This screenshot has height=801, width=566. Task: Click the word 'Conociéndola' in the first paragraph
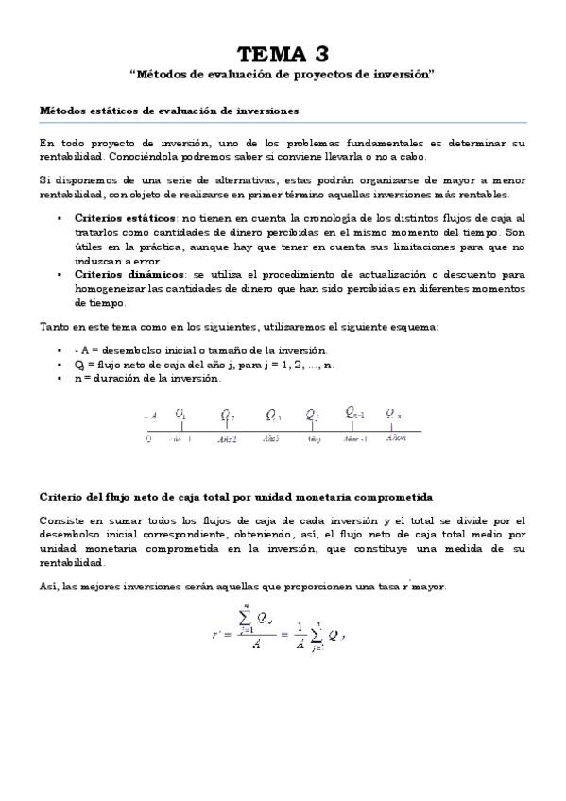[148, 157]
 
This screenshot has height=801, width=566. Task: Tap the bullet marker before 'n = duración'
[60, 379]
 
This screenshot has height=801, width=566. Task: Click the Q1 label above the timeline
[180, 414]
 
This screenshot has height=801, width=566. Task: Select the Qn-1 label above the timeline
[355, 413]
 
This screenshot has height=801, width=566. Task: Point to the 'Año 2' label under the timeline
[227, 439]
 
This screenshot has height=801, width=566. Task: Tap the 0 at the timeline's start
[148, 439]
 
